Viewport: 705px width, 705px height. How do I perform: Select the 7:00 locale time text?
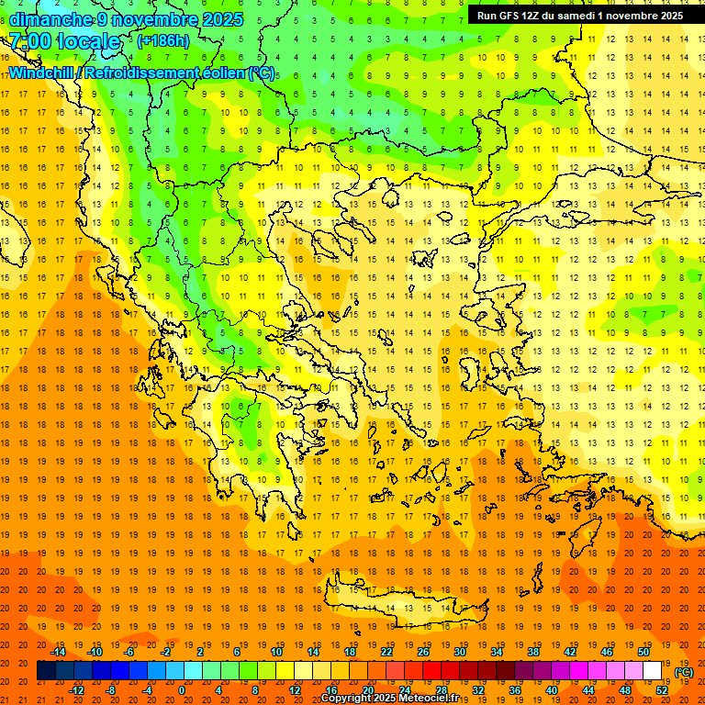click(64, 41)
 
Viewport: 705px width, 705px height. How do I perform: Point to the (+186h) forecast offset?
click(163, 41)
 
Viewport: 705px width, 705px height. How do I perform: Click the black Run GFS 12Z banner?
click(579, 16)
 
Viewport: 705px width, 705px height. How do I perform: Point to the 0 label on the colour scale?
click(182, 690)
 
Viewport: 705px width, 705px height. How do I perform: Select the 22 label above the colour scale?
click(386, 652)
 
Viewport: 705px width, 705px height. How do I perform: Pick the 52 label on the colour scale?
click(662, 690)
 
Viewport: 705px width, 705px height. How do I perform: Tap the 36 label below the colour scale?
click(514, 690)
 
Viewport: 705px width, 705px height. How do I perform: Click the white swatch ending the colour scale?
click(653, 671)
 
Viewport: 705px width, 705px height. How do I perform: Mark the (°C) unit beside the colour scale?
click(685, 672)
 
